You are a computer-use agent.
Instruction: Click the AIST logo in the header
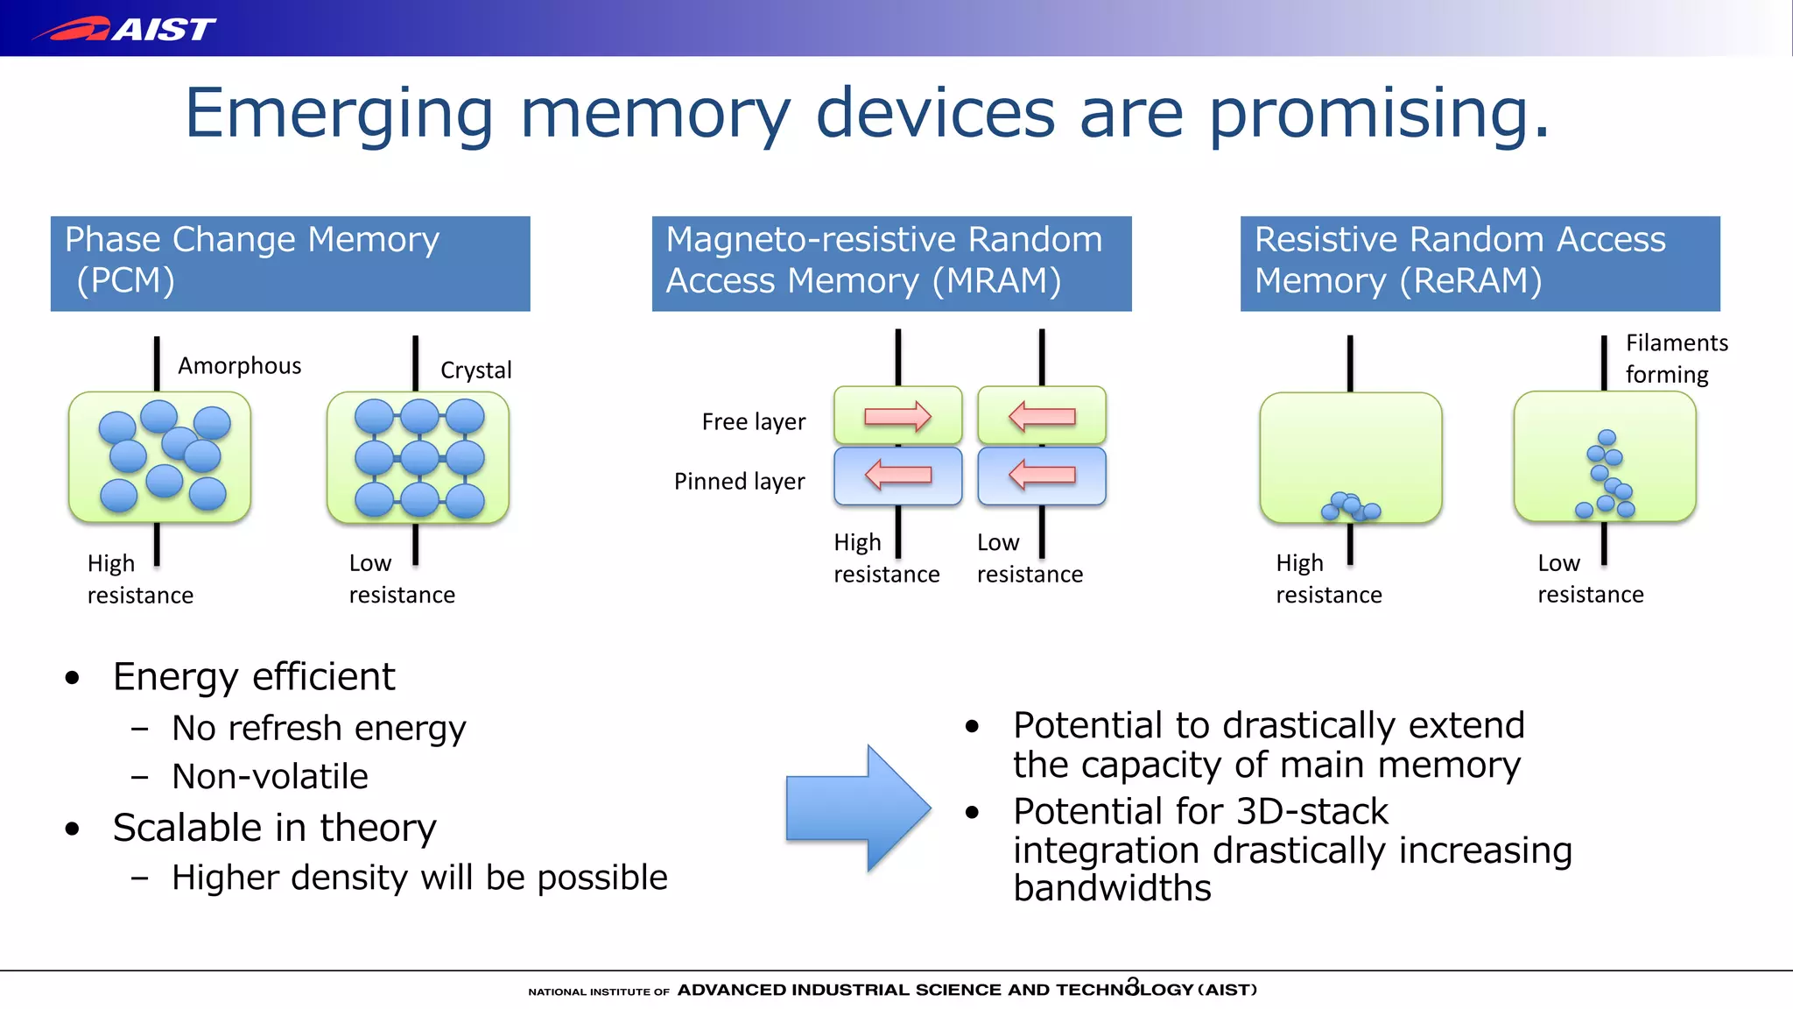click(125, 29)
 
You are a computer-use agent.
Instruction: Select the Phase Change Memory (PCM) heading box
click(290, 263)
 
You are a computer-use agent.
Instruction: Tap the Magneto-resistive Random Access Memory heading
click(891, 263)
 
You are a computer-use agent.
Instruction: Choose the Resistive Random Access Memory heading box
click(1480, 263)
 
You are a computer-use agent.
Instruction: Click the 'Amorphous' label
click(239, 365)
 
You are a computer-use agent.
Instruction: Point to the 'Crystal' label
click(475, 370)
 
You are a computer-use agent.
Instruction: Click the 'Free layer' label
click(753, 422)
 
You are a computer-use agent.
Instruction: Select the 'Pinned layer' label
click(739, 481)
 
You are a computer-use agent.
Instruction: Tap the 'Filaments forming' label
click(1676, 358)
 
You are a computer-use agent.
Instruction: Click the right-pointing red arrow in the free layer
click(897, 416)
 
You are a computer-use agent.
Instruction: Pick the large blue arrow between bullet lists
click(857, 808)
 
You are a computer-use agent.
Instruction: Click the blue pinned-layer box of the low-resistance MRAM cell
click(1041, 476)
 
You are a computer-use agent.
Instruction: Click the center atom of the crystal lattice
click(419, 457)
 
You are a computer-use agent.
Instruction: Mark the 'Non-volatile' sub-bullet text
click(270, 776)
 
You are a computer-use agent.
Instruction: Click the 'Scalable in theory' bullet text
click(274, 828)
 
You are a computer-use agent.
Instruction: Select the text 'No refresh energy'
click(319, 728)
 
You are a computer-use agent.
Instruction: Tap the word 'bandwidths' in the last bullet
click(1112, 888)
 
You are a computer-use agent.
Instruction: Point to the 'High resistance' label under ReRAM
click(1328, 578)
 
